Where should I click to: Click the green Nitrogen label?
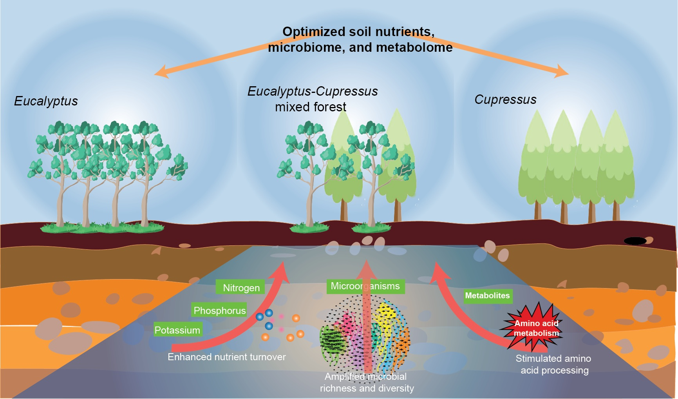[x=240, y=288]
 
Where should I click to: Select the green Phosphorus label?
[x=219, y=310]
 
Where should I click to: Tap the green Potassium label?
[x=177, y=330]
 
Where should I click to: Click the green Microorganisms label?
[x=365, y=286]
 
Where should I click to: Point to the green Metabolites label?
[x=487, y=296]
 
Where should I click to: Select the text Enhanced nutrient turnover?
[x=226, y=357]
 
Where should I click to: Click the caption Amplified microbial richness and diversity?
[x=367, y=382]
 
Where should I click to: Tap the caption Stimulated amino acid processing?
[x=554, y=364]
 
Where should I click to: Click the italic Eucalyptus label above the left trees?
[x=46, y=101]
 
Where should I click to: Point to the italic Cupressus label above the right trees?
[x=505, y=100]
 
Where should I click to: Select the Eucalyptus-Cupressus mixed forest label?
[x=312, y=99]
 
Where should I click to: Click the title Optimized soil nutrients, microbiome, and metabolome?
[x=360, y=39]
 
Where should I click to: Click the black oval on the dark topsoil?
[x=635, y=241]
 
